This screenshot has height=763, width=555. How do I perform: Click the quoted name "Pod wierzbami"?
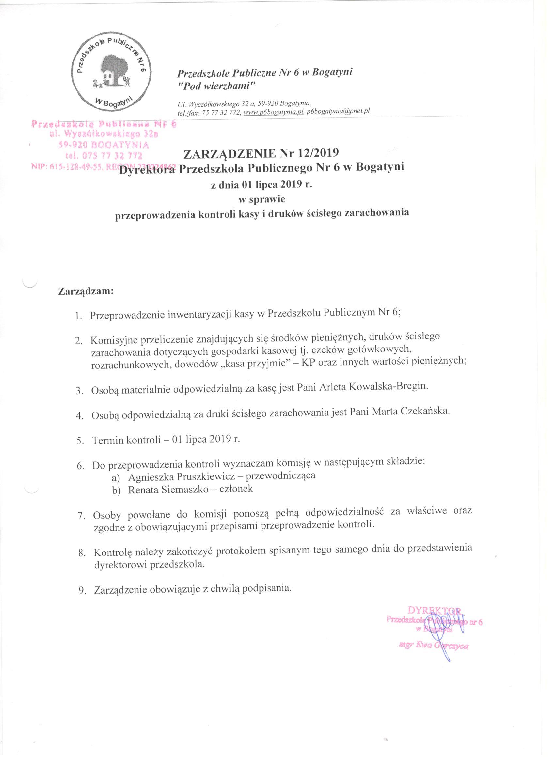(217, 86)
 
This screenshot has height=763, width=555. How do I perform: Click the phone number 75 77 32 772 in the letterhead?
(220, 113)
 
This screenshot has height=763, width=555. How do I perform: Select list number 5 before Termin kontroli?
(80, 441)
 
